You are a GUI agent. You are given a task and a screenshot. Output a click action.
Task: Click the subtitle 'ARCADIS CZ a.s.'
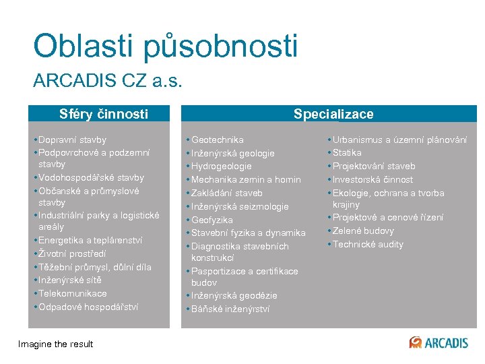108,82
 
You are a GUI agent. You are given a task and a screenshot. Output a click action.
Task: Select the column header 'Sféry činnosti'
103,114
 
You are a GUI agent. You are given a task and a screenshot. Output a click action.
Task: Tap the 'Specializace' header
333,114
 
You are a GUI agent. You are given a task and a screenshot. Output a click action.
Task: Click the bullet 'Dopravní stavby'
72,140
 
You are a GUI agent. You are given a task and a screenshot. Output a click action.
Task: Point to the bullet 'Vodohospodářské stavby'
91,178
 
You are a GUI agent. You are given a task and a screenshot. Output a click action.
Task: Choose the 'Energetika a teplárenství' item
90,241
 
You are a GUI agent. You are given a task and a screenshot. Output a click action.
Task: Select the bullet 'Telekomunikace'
72,294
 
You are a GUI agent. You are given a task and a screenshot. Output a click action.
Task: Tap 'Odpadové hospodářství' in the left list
88,307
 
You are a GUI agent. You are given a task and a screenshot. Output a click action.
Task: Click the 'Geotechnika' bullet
217,140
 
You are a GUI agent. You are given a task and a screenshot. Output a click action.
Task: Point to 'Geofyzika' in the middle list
212,220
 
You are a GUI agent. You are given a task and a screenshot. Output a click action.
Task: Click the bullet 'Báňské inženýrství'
230,309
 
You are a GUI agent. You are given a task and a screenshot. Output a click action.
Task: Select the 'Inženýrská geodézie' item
234,296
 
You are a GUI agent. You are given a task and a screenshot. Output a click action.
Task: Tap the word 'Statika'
347,153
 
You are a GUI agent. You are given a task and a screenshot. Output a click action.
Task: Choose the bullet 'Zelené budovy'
363,231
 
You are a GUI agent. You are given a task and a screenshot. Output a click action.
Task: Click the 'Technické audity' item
368,245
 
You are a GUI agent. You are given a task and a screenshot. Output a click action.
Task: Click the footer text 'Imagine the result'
56,344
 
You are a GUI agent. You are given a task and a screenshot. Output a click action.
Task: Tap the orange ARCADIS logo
439,342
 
